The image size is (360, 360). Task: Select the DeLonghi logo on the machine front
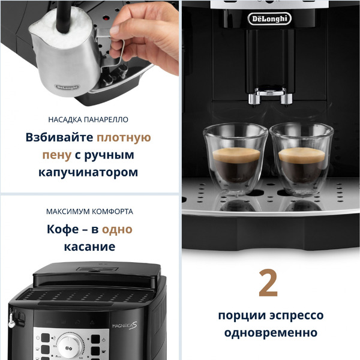click(x=269, y=19)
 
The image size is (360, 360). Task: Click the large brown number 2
click(x=268, y=284)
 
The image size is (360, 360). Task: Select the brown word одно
click(x=117, y=229)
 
